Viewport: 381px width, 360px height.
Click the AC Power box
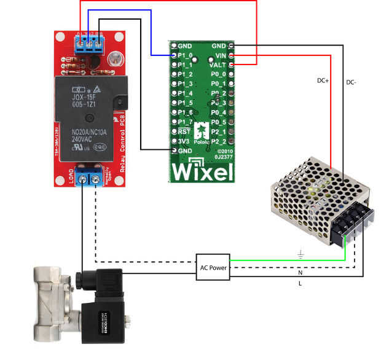pyautogui.click(x=213, y=267)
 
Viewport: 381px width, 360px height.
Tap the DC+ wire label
pyautogui.click(x=323, y=80)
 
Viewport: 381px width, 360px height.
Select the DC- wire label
pyautogui.click(x=352, y=82)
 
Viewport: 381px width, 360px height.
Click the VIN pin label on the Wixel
pyautogui.click(x=219, y=55)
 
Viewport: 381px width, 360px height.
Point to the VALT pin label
pyautogui.click(x=218, y=64)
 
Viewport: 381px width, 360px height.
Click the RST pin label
pyautogui.click(x=183, y=131)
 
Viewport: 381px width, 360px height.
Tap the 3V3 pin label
pyautogui.click(x=183, y=141)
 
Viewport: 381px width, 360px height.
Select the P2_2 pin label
pyautogui.click(x=218, y=141)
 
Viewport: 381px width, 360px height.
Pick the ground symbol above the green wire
pyautogui.click(x=300, y=252)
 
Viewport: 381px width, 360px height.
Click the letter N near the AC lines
pyautogui.click(x=300, y=273)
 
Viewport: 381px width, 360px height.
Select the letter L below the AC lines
pyautogui.click(x=300, y=283)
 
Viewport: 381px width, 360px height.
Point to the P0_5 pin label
pyautogui.click(x=218, y=122)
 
